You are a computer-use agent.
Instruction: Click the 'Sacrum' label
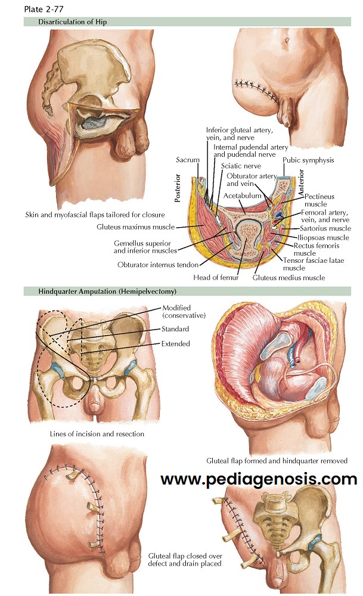(188, 160)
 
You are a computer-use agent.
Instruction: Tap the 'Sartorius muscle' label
(325, 228)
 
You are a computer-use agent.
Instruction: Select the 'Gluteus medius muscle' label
(288, 277)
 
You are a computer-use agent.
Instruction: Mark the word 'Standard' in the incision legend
(175, 329)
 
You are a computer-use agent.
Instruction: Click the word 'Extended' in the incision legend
(176, 344)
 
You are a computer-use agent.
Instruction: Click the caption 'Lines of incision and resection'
(98, 434)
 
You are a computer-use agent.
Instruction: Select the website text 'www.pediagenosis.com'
(259, 479)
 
